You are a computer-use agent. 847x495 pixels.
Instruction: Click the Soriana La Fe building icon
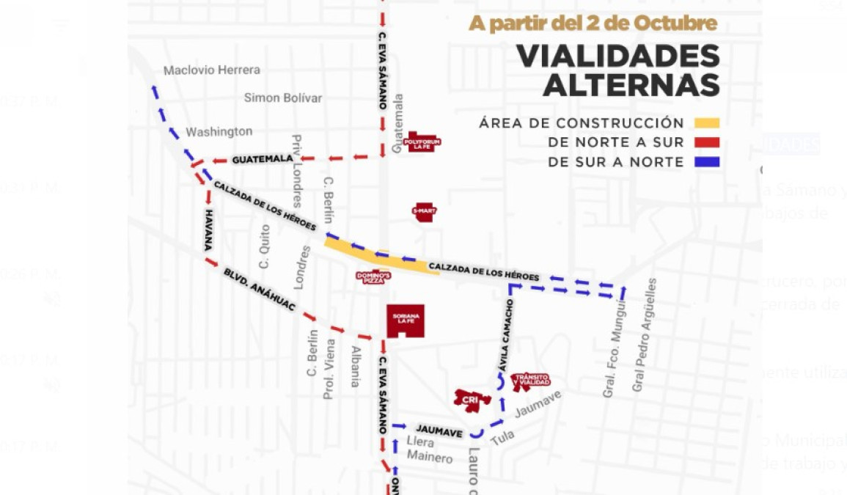(x=406, y=320)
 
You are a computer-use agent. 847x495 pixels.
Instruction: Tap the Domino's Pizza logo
(x=373, y=277)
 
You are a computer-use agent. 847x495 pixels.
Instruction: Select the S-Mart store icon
(x=425, y=212)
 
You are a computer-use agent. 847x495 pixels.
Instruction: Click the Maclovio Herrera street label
(x=211, y=70)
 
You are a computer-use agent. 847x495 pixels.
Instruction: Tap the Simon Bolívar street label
(x=283, y=98)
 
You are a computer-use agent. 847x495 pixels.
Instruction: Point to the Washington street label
(x=219, y=132)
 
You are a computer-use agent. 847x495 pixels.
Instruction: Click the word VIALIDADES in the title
(x=617, y=56)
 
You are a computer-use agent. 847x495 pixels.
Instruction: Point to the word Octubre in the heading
(x=673, y=23)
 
